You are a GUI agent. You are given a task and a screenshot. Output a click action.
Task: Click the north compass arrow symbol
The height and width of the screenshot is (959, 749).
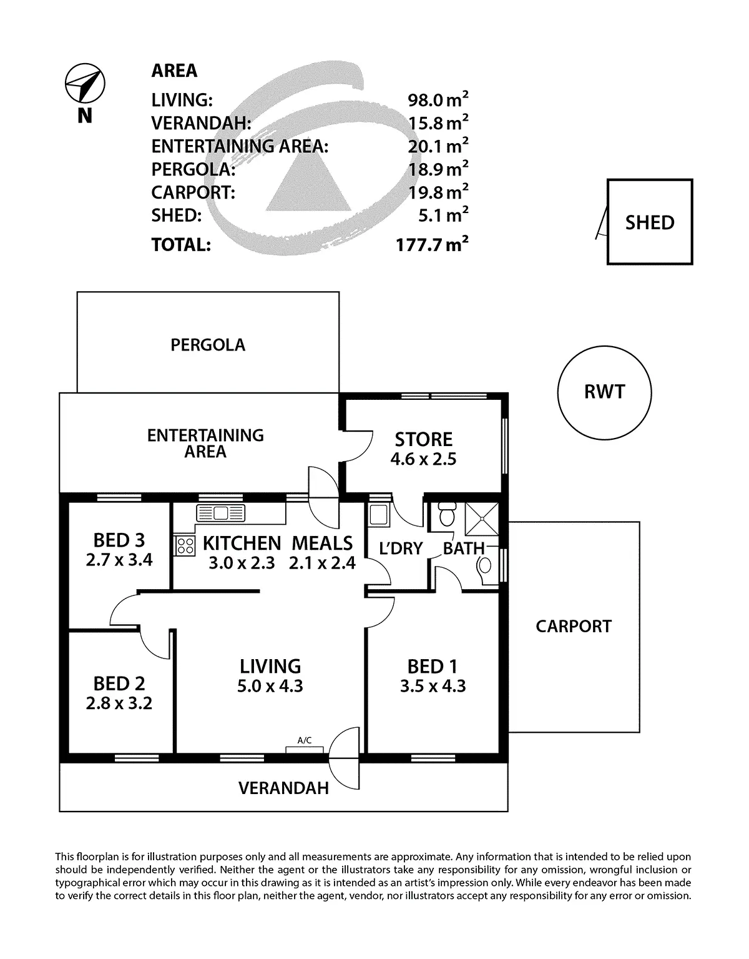click(86, 84)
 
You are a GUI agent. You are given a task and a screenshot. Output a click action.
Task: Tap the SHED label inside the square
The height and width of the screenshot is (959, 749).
click(650, 223)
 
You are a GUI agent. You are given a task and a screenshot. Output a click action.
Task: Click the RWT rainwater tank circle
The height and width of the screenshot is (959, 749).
click(604, 392)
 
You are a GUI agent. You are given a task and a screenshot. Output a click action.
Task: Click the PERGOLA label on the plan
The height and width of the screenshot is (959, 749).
click(208, 345)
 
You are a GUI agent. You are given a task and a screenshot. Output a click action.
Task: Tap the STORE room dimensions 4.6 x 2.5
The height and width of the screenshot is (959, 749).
click(423, 459)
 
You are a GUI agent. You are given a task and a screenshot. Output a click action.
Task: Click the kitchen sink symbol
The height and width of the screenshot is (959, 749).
click(221, 514)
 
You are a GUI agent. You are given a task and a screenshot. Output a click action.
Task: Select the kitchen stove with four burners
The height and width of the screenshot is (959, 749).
click(184, 545)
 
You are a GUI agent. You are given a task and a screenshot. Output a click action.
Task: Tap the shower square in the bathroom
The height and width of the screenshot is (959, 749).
click(482, 519)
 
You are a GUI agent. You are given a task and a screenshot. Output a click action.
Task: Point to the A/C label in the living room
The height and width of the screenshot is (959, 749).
click(304, 741)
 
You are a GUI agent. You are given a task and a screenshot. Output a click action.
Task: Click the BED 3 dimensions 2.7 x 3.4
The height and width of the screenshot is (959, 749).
click(119, 559)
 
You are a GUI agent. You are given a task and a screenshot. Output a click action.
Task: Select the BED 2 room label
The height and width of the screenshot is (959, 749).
click(119, 683)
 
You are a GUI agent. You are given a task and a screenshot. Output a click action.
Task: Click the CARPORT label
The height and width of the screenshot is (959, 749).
click(574, 627)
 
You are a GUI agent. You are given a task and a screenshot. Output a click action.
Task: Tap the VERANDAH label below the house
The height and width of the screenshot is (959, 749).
click(283, 788)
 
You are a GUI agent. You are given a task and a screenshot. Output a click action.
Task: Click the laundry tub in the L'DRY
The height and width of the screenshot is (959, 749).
click(378, 514)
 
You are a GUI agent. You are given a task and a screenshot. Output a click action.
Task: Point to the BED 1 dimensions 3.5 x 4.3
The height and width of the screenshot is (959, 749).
click(433, 686)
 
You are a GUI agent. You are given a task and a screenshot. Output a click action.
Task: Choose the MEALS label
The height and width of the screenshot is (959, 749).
click(322, 543)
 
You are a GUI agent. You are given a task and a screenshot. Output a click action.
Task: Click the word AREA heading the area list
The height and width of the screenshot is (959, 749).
click(174, 71)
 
